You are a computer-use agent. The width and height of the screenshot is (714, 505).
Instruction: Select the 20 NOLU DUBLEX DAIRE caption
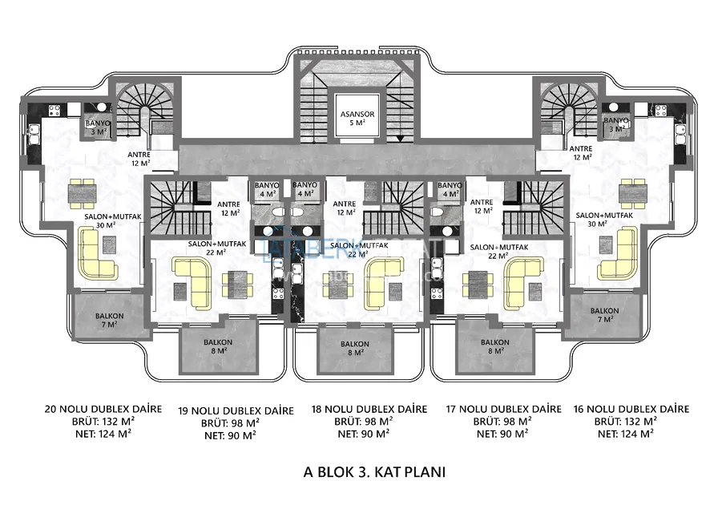pos(104,409)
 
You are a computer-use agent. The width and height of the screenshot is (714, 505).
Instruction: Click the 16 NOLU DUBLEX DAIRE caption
pos(631,409)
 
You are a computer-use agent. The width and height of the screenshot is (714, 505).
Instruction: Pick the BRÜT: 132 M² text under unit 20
pos(103,422)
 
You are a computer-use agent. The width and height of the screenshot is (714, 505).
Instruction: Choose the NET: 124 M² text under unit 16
pos(626,434)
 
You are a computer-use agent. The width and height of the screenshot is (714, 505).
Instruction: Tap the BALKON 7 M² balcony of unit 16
pos(604,314)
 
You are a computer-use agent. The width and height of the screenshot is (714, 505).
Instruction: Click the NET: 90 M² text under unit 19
pos(230,435)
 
